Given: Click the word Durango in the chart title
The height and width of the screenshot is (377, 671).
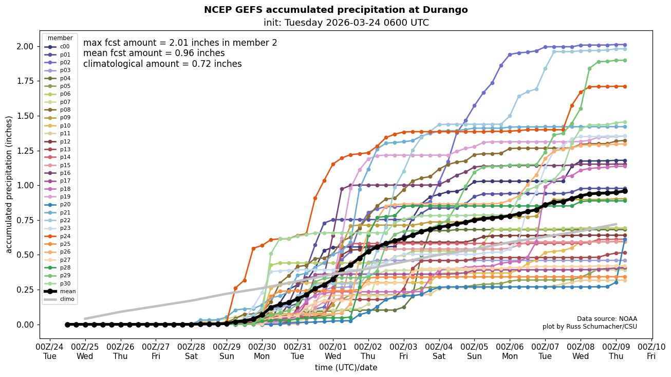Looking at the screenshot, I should pyautogui.click(x=449, y=10).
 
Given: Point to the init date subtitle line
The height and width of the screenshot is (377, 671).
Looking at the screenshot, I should pyautogui.click(x=346, y=23).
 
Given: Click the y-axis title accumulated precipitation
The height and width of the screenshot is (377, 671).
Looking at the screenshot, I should pyautogui.click(x=9, y=184).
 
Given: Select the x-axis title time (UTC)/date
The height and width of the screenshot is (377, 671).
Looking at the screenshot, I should pyautogui.click(x=346, y=367).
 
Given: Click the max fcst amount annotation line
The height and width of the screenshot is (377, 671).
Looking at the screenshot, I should pyautogui.click(x=180, y=43).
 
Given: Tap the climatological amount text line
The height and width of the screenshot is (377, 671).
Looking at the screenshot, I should pyautogui.click(x=162, y=64).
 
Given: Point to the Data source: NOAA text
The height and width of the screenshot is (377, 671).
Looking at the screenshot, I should pyautogui.click(x=607, y=319).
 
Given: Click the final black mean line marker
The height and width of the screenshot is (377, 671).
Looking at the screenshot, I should pyautogui.click(x=625, y=191).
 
